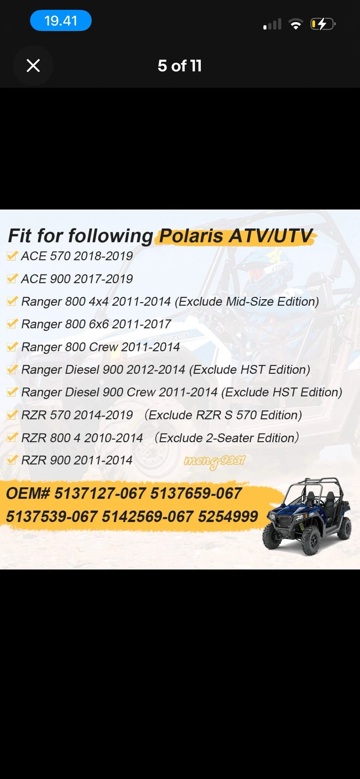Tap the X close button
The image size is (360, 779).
pyautogui.click(x=33, y=66)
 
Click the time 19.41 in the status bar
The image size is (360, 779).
pyautogui.click(x=61, y=21)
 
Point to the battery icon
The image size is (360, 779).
pyautogui.click(x=323, y=24)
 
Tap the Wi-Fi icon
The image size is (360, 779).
pyautogui.click(x=296, y=25)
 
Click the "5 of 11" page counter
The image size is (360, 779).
pyautogui.click(x=180, y=66)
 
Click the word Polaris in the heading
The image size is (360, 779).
pyautogui.click(x=192, y=236)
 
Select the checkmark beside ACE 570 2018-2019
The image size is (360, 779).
pyautogui.click(x=12, y=256)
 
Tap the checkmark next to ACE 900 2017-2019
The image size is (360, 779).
pyautogui.click(x=12, y=279)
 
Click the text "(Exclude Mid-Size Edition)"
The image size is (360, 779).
pyautogui.click(x=247, y=301)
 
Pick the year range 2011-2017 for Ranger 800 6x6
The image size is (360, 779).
pyautogui.click(x=141, y=324)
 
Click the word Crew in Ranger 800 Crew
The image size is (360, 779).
pyautogui.click(x=103, y=347)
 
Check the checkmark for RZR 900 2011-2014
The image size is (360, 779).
pyautogui.click(x=12, y=460)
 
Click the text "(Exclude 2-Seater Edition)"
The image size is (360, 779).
pyautogui.click(x=226, y=437)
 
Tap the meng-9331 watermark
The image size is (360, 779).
pyautogui.click(x=214, y=461)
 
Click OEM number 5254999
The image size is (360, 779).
pyautogui.click(x=228, y=517)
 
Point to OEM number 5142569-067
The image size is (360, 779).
pyautogui.click(x=148, y=517)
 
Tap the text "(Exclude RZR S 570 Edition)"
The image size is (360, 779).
pyautogui.click(x=223, y=415)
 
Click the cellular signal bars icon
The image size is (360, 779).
pyautogui.click(x=273, y=24)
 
